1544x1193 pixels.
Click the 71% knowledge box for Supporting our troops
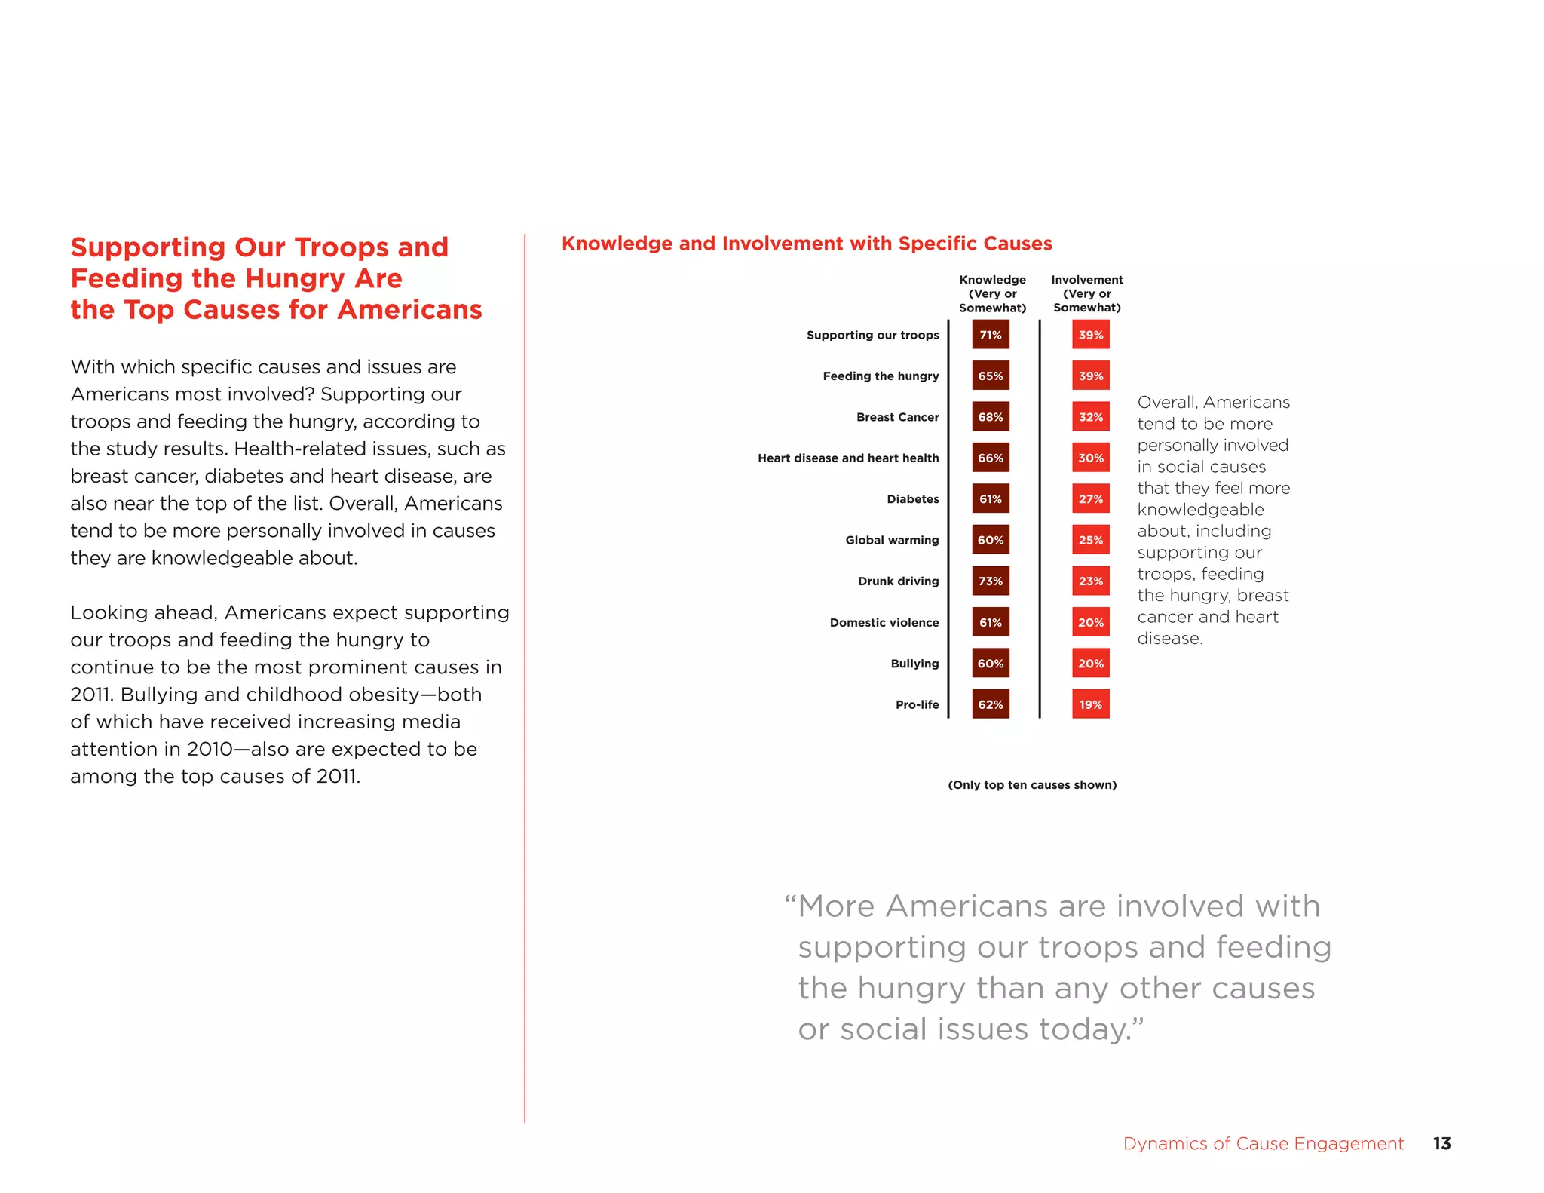coord(990,335)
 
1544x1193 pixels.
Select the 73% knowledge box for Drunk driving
coord(990,581)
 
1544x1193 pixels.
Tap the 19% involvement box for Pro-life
coord(1090,704)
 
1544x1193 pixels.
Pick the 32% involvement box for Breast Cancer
coord(1090,417)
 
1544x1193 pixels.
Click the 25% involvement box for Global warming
coord(1090,540)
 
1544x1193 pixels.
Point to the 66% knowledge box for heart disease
coord(990,458)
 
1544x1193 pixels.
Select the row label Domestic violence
coord(884,623)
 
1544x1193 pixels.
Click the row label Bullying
coord(914,664)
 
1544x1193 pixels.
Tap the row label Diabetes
coord(912,499)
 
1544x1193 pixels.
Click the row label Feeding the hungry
coord(881,376)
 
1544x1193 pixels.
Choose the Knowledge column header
coord(992,293)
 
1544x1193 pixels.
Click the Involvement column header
coord(1086,293)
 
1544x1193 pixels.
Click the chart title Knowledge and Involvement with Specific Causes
coord(807,244)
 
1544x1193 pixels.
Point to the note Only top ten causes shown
coord(1031,785)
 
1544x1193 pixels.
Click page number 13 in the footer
coord(1441,1143)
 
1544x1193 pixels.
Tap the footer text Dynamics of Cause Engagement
coord(1263,1144)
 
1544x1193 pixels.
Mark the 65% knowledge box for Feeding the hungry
coord(990,376)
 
